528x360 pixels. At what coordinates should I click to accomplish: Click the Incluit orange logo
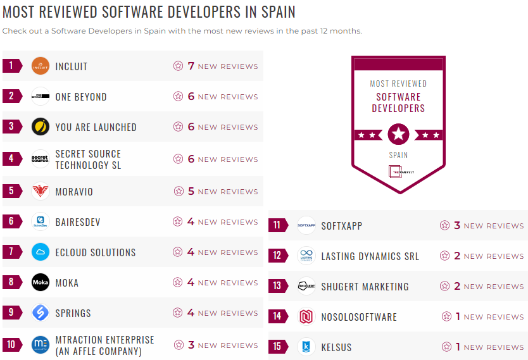[41, 66]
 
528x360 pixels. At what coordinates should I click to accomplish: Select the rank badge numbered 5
[11, 191]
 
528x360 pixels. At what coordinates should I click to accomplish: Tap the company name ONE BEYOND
[81, 97]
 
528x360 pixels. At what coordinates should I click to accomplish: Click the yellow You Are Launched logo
[41, 127]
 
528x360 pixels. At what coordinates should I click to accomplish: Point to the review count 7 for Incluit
[191, 66]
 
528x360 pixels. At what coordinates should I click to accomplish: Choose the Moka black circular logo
[41, 282]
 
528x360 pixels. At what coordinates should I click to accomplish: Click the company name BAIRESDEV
[78, 222]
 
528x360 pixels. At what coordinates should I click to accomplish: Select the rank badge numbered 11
[277, 225]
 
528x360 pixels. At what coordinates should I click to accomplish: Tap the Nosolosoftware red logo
[306, 316]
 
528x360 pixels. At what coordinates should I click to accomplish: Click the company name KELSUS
[336, 347]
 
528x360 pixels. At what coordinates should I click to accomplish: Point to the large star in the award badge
[398, 134]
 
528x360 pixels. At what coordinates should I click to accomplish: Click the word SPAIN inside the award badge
[398, 154]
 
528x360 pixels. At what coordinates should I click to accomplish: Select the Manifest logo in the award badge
[398, 171]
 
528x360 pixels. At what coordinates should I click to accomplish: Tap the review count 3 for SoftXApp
[456, 225]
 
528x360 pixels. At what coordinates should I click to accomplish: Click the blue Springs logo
[41, 313]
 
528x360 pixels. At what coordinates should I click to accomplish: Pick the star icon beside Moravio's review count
[178, 191]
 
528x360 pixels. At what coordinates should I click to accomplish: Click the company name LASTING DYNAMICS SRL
[370, 256]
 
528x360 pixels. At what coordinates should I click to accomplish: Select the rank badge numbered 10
[11, 345]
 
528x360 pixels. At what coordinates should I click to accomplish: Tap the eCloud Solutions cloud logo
[41, 252]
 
